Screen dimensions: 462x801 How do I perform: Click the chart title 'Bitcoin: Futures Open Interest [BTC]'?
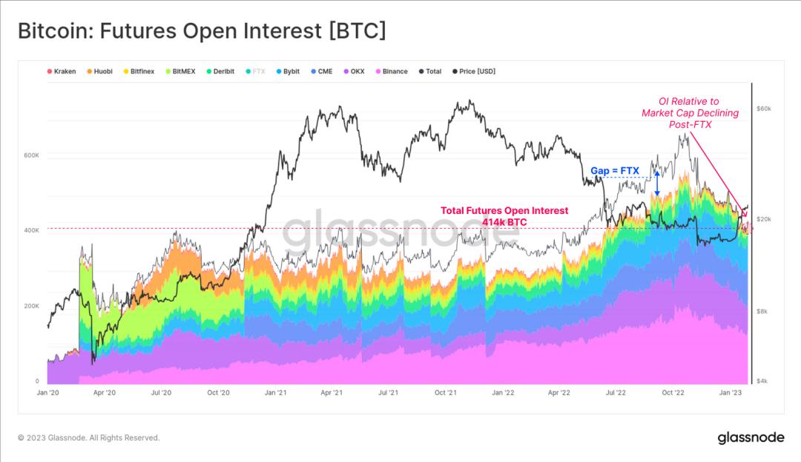pyautogui.click(x=202, y=32)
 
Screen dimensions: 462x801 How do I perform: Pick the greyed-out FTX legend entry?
pyautogui.click(x=258, y=71)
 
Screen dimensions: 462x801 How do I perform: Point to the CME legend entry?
pyautogui.click(x=324, y=71)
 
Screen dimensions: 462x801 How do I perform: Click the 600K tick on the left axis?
pyautogui.click(x=31, y=155)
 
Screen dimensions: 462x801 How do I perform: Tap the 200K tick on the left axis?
pyautogui.click(x=31, y=306)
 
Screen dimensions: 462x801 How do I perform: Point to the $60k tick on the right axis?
pyautogui.click(x=764, y=108)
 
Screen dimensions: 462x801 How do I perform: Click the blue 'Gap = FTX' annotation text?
pyautogui.click(x=614, y=171)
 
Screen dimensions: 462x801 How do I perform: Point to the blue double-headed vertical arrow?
pyautogui.click(x=656, y=182)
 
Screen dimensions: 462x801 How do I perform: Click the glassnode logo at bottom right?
pyautogui.click(x=751, y=437)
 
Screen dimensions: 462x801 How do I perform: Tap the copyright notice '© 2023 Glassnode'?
pyautogui.click(x=88, y=437)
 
